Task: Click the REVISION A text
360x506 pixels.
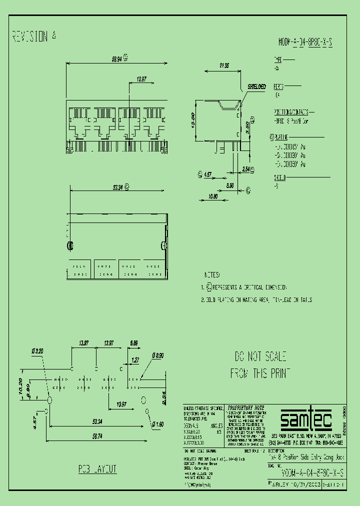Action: pyautogui.click(x=34, y=36)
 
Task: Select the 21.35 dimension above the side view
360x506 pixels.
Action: pyautogui.click(x=223, y=65)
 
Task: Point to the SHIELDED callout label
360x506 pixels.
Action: pyautogui.click(x=256, y=87)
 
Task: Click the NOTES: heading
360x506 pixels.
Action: pyautogui.click(x=212, y=275)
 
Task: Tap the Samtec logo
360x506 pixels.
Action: pyautogui.click(x=305, y=421)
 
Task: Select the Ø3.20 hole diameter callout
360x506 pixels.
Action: pyautogui.click(x=37, y=351)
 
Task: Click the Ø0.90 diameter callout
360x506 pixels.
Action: pyautogui.click(x=158, y=355)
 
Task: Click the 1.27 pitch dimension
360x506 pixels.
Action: pyautogui.click(x=135, y=359)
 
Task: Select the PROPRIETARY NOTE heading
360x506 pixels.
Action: pyautogui.click(x=245, y=407)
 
